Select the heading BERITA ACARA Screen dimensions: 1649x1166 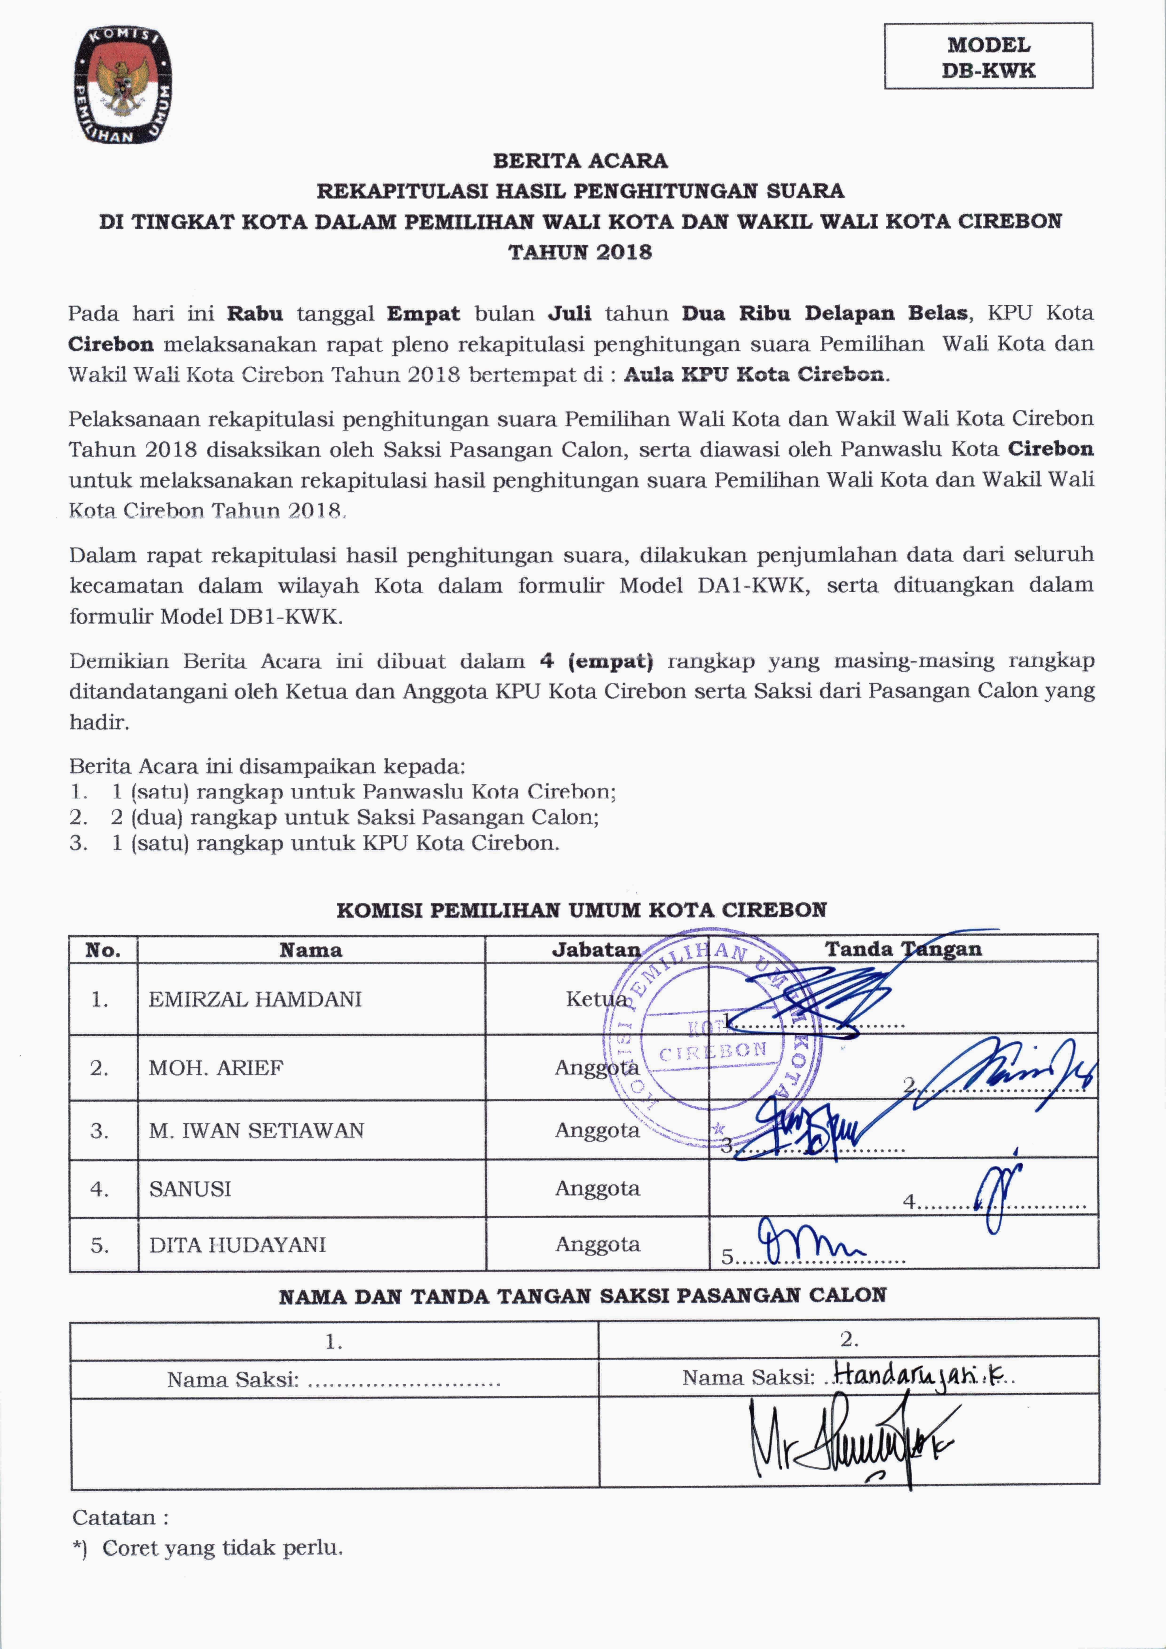click(x=580, y=161)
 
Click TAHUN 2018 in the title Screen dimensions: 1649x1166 click(x=580, y=252)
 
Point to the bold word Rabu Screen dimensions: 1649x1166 click(x=255, y=314)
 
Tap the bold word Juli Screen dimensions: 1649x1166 click(x=570, y=314)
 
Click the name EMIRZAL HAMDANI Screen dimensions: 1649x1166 click(x=255, y=999)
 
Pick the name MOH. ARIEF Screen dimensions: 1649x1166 click(x=216, y=1068)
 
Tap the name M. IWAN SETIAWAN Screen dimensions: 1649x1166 click(x=256, y=1131)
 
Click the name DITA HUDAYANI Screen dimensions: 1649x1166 click(x=237, y=1245)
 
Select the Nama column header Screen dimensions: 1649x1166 click(x=310, y=950)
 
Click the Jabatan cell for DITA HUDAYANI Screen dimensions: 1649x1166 click(x=597, y=1245)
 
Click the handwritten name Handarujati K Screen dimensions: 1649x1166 click(x=923, y=1375)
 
